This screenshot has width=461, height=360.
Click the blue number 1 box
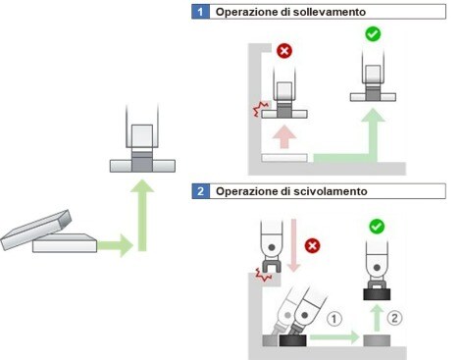(x=200, y=12)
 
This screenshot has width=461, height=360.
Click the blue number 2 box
(x=200, y=191)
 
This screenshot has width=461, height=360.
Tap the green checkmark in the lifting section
(x=373, y=34)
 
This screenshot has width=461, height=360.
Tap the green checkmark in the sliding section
(x=377, y=227)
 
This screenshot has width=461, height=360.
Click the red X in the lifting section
(x=284, y=51)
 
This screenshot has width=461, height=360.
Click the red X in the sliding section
(x=312, y=245)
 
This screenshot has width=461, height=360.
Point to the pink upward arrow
(x=284, y=136)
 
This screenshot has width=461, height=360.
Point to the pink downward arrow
(x=293, y=245)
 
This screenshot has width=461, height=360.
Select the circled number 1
(x=334, y=319)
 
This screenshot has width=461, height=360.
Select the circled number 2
(x=394, y=318)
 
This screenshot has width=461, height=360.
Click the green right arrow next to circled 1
(x=334, y=337)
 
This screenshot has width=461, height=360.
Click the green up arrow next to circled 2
(x=378, y=318)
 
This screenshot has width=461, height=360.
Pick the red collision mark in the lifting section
(x=261, y=109)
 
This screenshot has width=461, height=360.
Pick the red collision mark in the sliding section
(x=263, y=274)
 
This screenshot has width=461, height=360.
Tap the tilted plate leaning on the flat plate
(x=35, y=230)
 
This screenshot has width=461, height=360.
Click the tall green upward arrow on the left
(x=142, y=215)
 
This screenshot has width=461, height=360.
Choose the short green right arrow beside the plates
(x=115, y=245)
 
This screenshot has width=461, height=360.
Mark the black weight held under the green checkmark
(x=377, y=294)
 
